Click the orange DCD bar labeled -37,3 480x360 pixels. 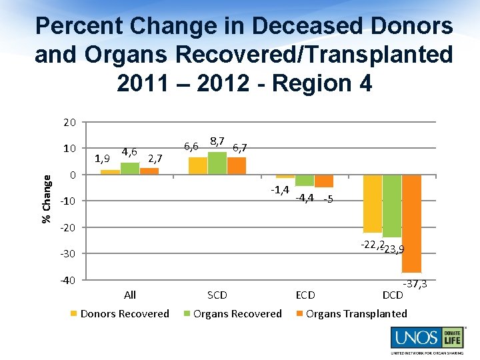pyautogui.click(x=411, y=223)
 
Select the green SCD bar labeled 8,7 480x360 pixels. pyautogui.click(x=217, y=163)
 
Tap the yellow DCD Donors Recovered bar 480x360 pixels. pyautogui.click(x=372, y=203)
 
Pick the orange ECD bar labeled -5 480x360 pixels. pyautogui.click(x=324, y=181)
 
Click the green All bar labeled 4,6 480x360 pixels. pyautogui.click(x=130, y=169)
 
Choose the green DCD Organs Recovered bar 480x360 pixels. pyautogui.click(x=392, y=206)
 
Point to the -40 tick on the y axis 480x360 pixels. pyautogui.click(x=67, y=280)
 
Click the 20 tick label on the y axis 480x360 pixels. pyautogui.click(x=70, y=123)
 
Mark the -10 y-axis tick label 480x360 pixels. pyautogui.click(x=67, y=201)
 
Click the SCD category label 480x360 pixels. pyautogui.click(x=217, y=295)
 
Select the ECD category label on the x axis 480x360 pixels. pyautogui.click(x=305, y=295)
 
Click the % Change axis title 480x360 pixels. pyautogui.click(x=46, y=199)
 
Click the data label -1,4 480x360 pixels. pyautogui.click(x=280, y=190)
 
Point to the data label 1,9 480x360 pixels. pyautogui.click(x=102, y=158)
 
